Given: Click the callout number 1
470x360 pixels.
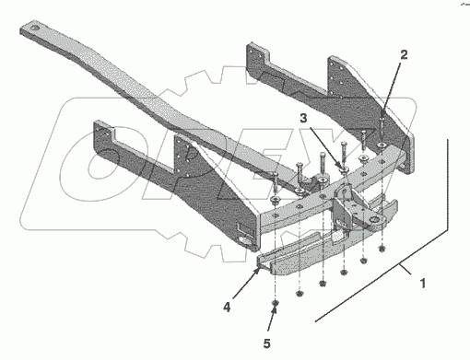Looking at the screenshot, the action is click(x=423, y=283).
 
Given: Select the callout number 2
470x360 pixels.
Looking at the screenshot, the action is click(x=404, y=54).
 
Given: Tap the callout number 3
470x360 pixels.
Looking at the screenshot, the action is click(x=303, y=118).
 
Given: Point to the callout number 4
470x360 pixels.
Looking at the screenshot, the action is click(x=227, y=307).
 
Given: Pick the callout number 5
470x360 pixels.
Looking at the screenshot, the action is click(x=266, y=343).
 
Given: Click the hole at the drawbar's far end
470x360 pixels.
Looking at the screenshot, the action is click(x=35, y=28).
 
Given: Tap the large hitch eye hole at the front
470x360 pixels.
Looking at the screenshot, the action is click(x=374, y=220).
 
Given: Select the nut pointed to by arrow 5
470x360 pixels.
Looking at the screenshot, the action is click(x=276, y=303).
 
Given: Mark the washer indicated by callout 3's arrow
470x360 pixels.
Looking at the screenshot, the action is click(x=343, y=168).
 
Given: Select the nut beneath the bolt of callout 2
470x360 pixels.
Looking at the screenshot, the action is click(x=382, y=248).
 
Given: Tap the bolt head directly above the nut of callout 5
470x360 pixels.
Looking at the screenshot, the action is click(x=276, y=174).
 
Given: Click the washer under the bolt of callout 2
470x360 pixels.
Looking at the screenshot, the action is click(x=382, y=145).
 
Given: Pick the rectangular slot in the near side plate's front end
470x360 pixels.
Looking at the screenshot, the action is click(x=244, y=228).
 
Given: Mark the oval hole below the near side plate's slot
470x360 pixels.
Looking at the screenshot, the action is click(x=245, y=240).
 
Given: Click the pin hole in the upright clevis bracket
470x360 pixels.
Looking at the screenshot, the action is click(x=344, y=192).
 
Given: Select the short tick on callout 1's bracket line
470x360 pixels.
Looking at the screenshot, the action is click(x=406, y=269).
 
